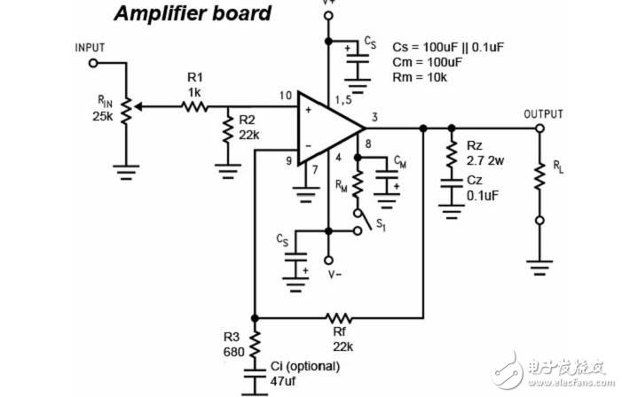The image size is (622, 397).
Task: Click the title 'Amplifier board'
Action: (x=192, y=14)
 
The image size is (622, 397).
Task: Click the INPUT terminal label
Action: (x=91, y=47)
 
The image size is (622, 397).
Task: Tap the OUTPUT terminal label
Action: (x=544, y=114)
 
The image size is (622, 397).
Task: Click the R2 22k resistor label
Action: (x=250, y=128)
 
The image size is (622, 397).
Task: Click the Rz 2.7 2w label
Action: (x=484, y=152)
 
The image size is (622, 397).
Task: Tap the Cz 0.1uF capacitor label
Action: (x=484, y=185)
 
